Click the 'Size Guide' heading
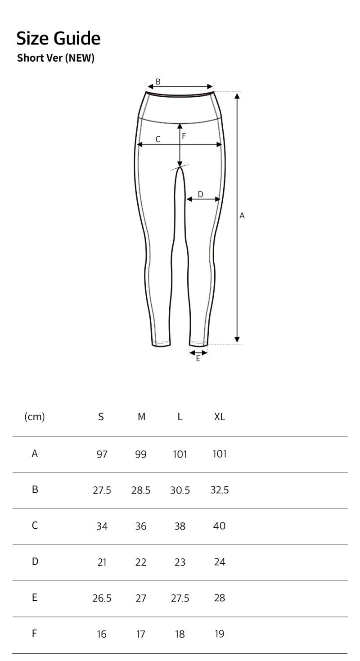pos(58,39)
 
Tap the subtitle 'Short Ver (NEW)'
pos(56,58)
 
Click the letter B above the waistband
pos(158,82)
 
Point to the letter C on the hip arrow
pos(158,139)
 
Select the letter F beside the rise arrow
pos(184,136)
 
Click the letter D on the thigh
pos(200,194)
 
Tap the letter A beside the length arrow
pos(242,216)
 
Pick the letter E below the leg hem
pos(198,359)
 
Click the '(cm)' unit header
pos(35,417)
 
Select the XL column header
pos(220,417)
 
